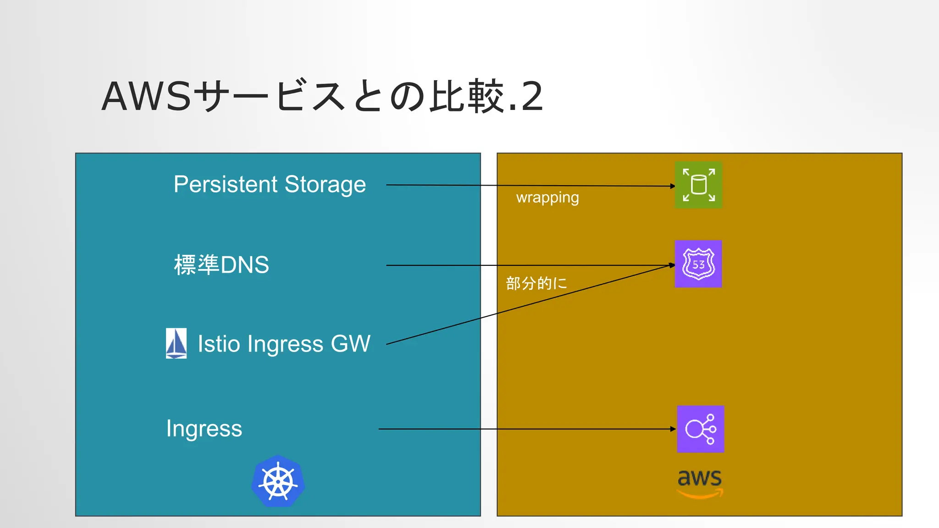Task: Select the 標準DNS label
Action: (221, 265)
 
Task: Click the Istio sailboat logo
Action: (176, 343)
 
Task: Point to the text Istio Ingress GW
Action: (284, 344)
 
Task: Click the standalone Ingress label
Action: (204, 429)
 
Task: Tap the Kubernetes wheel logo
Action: (278, 482)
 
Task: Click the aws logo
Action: (700, 483)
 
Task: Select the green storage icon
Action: (698, 185)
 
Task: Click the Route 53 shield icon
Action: (698, 264)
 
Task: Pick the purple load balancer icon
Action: (701, 429)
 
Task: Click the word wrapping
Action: (547, 198)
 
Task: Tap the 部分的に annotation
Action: (536, 283)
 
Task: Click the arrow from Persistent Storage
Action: (527, 186)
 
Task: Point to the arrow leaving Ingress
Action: (527, 429)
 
